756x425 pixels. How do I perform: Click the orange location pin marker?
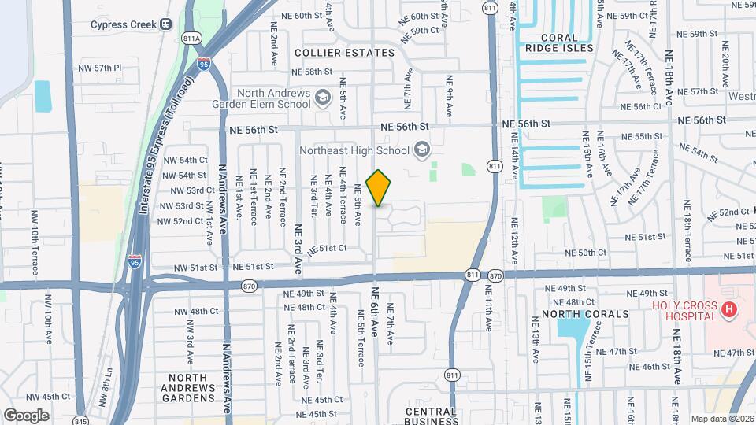[379, 188]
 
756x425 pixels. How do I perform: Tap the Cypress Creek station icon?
[165, 24]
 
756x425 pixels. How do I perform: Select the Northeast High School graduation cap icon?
[422, 150]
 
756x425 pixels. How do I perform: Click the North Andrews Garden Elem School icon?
[322, 97]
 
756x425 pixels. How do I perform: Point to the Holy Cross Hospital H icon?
[728, 310]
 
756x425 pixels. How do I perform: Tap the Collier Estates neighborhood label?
[344, 53]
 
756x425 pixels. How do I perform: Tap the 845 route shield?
[81, 420]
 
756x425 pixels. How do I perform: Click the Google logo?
[27, 415]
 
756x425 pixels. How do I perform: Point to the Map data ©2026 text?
[722, 419]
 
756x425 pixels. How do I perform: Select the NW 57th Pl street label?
[100, 68]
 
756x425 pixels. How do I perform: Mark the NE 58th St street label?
[313, 72]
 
